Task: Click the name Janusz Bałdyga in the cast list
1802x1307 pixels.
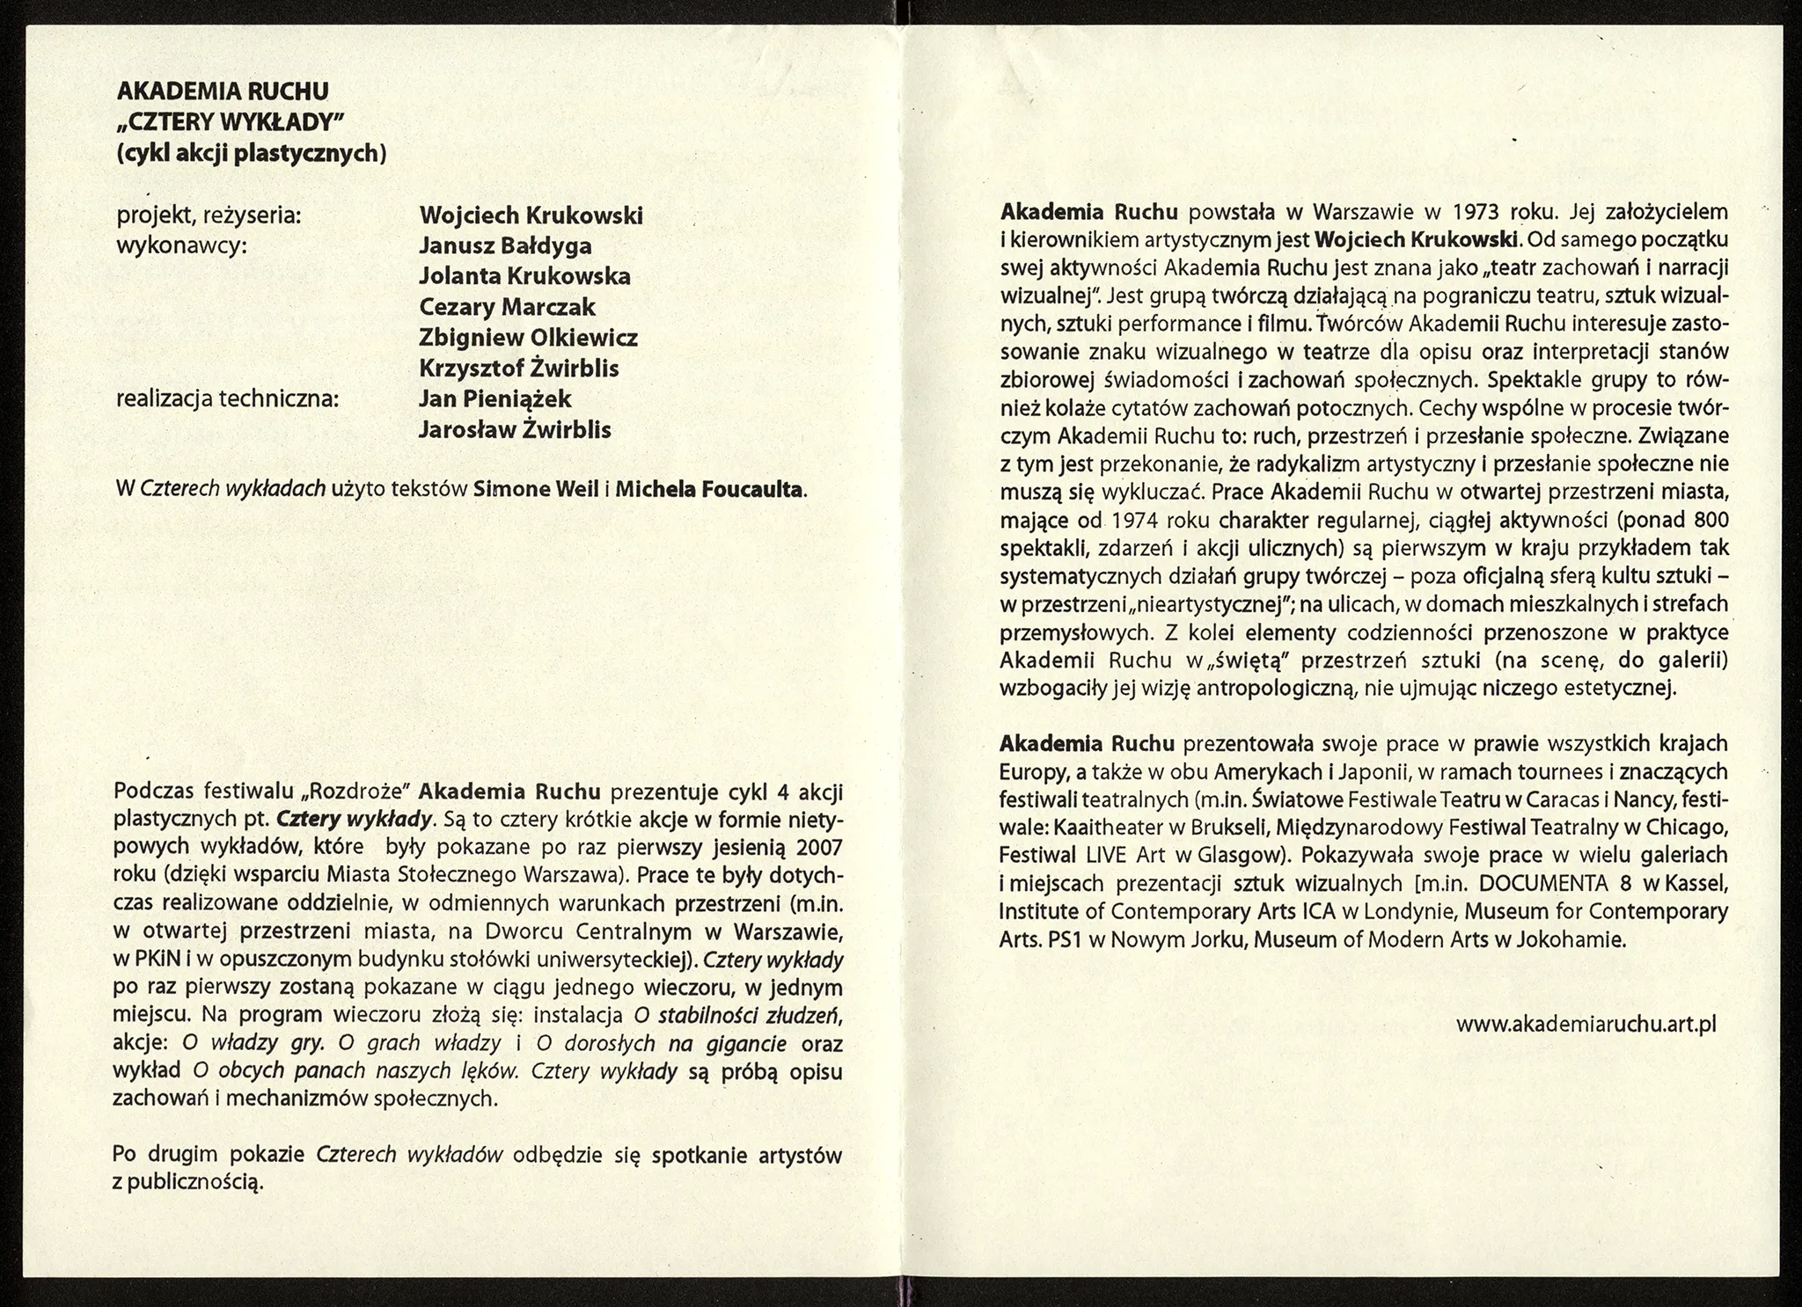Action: [505, 246]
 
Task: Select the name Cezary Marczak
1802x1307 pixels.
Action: [507, 307]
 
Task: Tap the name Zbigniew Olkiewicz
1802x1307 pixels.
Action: [528, 338]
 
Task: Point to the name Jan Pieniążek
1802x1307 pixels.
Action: [495, 398]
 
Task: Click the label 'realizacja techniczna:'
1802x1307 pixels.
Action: [227, 399]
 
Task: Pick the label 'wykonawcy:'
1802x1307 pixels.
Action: [182, 246]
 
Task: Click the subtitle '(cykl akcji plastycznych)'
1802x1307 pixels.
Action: [252, 153]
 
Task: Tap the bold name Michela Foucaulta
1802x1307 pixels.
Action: [709, 489]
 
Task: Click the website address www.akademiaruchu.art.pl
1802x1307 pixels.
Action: [1586, 1025]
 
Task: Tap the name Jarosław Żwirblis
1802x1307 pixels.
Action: [515, 430]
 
